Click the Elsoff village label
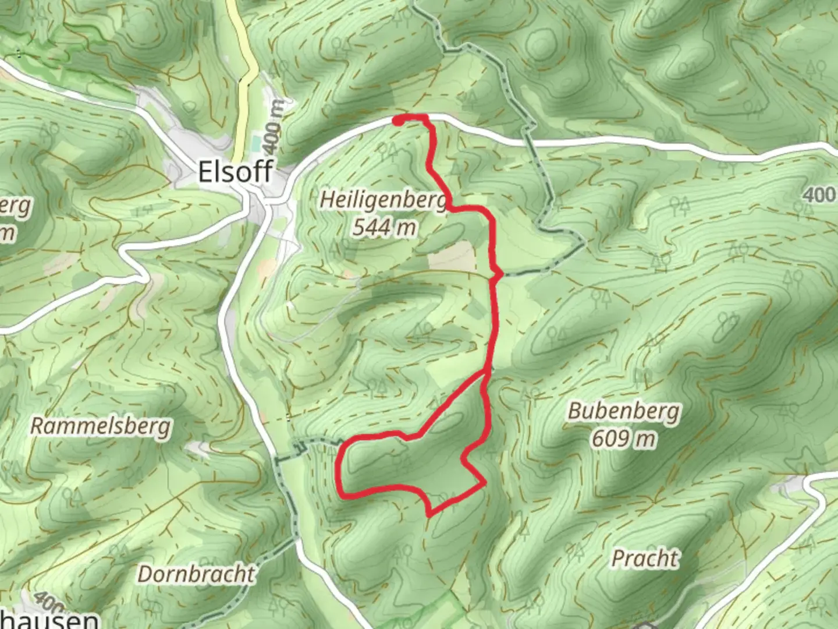[235, 172]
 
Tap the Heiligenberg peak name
[384, 200]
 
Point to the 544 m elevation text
[384, 227]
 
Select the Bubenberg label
[623, 411]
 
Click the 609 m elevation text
[623, 438]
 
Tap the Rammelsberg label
[101, 426]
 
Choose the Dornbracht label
[196, 574]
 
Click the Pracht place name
[645, 559]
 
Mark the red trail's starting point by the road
[398, 121]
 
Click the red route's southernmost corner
[429, 514]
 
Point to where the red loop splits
[486, 372]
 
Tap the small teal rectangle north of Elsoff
[257, 142]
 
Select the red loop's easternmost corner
[484, 483]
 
